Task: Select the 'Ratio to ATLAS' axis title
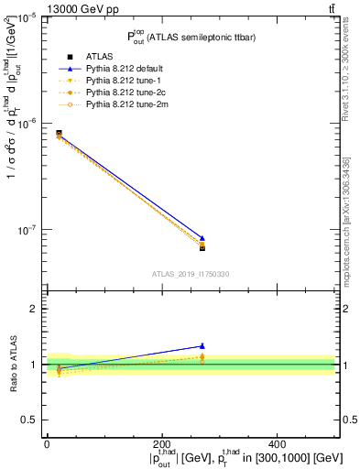[x=12, y=364]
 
